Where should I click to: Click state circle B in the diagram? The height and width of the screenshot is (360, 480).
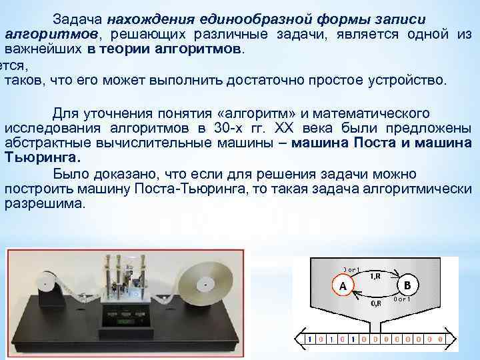[407, 285]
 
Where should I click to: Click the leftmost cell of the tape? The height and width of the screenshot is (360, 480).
[308, 339]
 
